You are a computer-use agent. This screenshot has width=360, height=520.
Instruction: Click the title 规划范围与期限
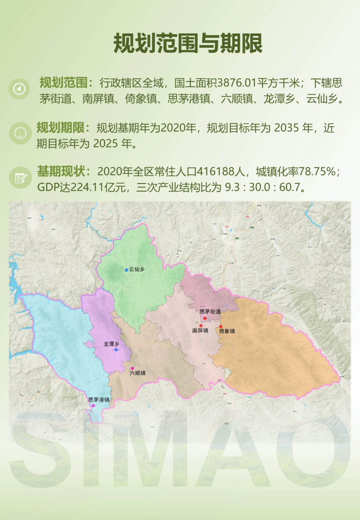tap(188, 44)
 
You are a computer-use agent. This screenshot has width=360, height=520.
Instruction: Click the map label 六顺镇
tap(138, 373)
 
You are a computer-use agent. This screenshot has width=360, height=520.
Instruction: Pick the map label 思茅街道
tap(210, 312)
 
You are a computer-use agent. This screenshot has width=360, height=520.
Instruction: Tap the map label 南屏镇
tap(200, 331)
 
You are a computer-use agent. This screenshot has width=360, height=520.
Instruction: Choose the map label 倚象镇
tap(227, 331)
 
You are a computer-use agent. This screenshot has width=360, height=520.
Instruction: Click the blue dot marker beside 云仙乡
tap(126, 270)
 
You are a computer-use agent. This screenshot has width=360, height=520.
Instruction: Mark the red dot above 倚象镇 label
tap(220, 326)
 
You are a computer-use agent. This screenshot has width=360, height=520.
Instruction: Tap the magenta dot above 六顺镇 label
tap(132, 368)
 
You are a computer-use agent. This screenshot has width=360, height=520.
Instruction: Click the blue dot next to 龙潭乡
tap(116, 350)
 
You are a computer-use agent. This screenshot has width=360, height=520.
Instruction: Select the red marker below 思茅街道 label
tap(205, 318)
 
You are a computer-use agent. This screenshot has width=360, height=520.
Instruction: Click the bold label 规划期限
tap(61, 128)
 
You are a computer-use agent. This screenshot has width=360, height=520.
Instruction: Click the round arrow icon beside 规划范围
tap(19, 89)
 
